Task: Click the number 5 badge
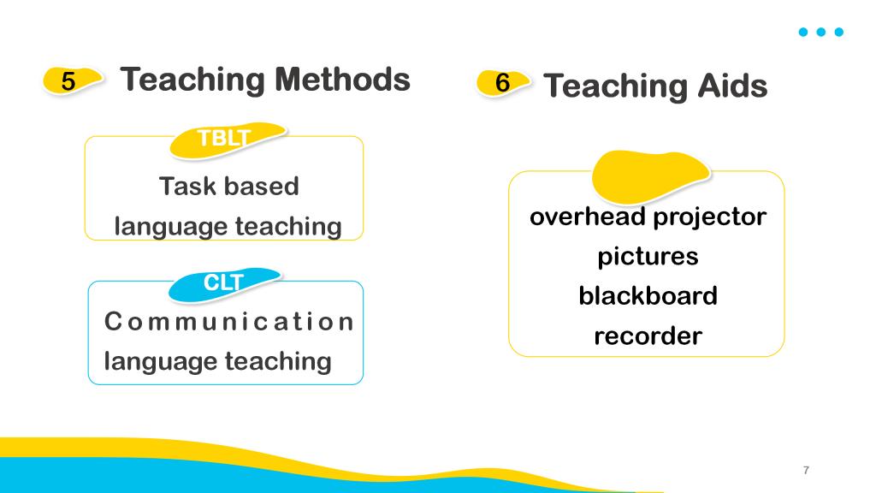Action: (72, 80)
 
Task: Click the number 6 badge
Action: (503, 83)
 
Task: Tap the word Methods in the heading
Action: (342, 80)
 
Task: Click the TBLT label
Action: (226, 140)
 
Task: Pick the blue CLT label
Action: (223, 284)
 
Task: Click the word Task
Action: (187, 186)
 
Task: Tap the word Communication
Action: (229, 322)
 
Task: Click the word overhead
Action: (587, 217)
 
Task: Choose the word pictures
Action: (648, 257)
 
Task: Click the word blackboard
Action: (648, 295)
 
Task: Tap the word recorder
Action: (648, 336)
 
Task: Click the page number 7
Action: (806, 470)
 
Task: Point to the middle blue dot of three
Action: (820, 32)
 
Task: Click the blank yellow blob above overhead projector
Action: (649, 176)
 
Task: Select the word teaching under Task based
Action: (288, 227)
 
